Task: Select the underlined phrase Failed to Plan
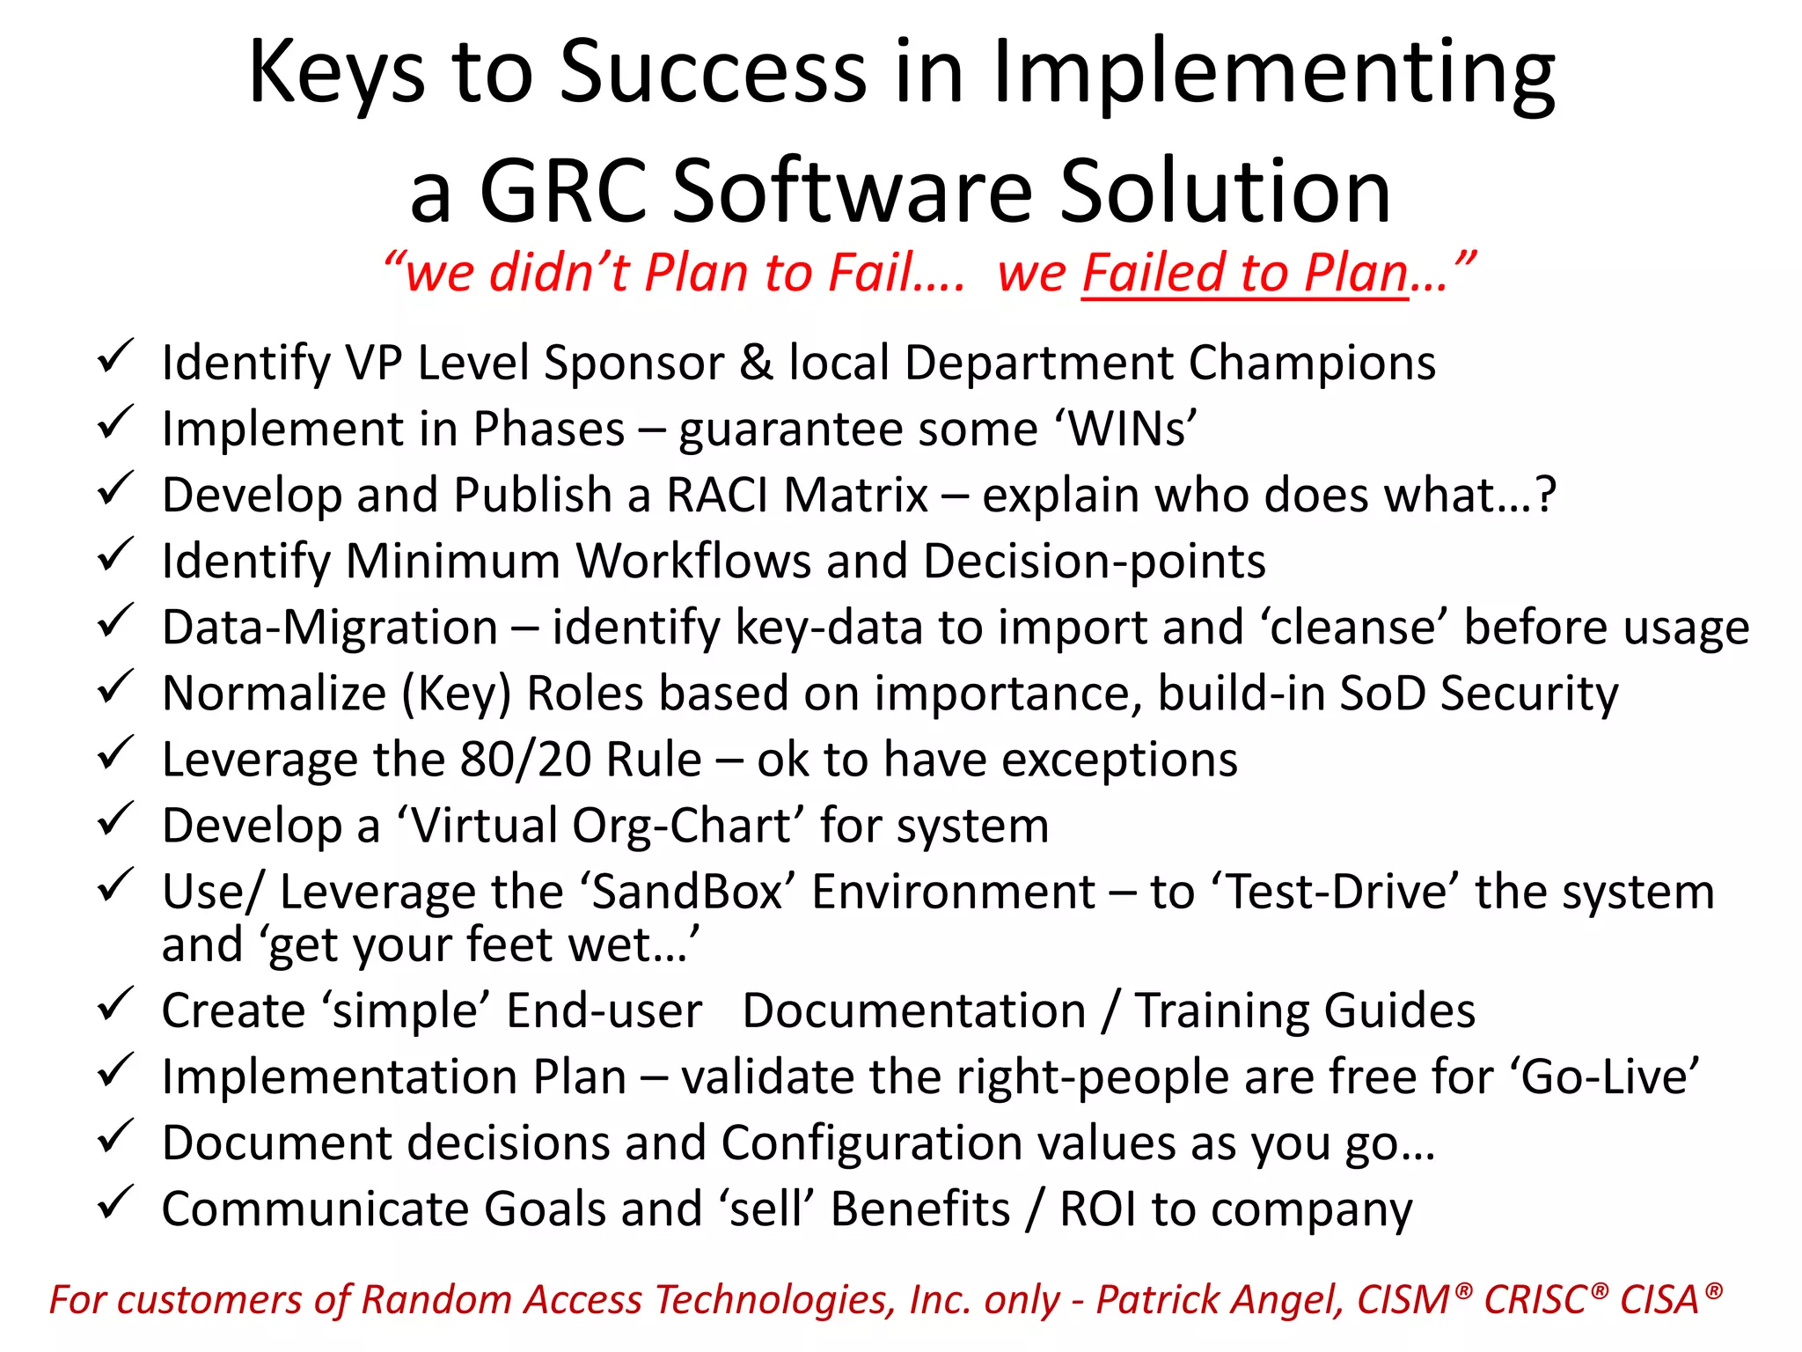[x=1244, y=273]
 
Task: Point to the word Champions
[x=1312, y=364]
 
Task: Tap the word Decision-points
[x=1095, y=562]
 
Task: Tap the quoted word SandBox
[x=687, y=892]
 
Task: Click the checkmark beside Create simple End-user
[x=114, y=1004]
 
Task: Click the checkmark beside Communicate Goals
[x=114, y=1202]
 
